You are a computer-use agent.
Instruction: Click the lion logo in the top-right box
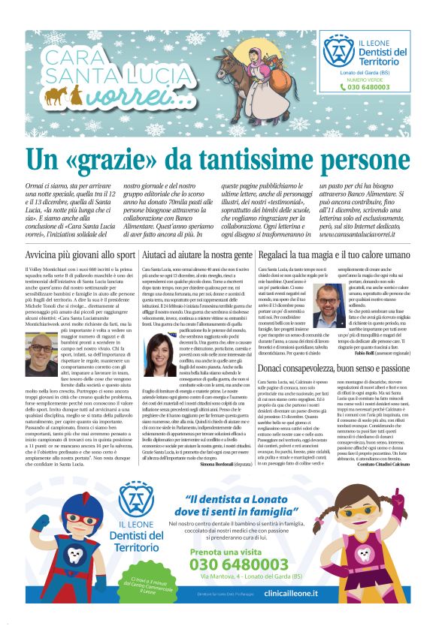338,50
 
